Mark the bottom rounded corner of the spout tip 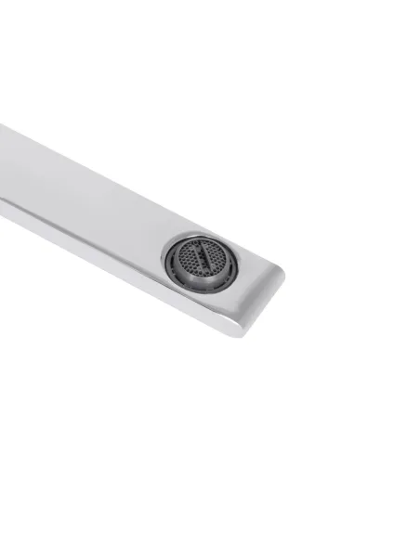[243, 329]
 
